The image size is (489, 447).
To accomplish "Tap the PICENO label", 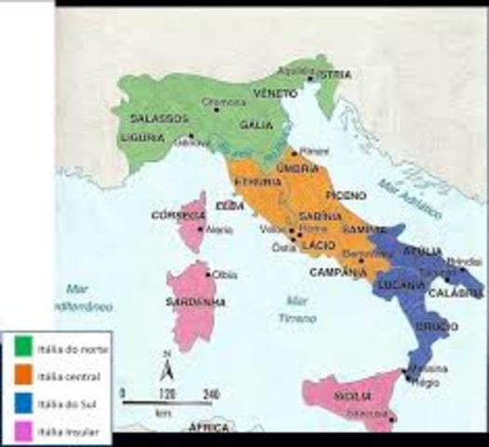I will tap(342, 195).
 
